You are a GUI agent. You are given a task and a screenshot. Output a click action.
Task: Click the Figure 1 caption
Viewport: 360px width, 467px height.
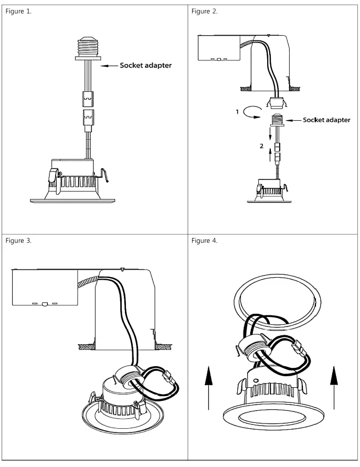18,12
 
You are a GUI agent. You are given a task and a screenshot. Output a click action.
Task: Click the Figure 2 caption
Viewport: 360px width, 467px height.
205,12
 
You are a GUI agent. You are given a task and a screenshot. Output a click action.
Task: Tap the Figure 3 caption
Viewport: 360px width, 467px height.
18,241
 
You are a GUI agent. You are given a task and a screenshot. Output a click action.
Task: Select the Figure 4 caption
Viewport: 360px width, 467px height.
205,241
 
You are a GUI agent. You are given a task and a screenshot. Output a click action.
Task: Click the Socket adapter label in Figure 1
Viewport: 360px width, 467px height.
145,66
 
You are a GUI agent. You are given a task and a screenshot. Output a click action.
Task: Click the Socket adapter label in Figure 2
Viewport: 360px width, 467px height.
326,120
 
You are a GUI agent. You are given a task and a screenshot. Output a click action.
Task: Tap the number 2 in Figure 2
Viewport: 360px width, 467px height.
261,146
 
